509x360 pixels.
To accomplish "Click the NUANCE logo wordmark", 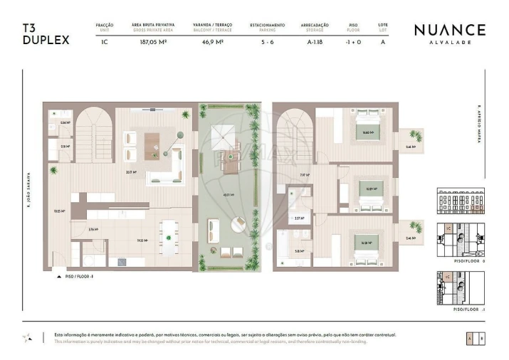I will click(449, 30).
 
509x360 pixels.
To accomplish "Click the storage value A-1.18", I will click(315, 41).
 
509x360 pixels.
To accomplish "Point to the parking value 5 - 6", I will click(267, 41).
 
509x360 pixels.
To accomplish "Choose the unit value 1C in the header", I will click(105, 41).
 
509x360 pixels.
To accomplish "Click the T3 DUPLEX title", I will click(46, 34).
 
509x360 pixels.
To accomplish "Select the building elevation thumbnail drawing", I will click(460, 201).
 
